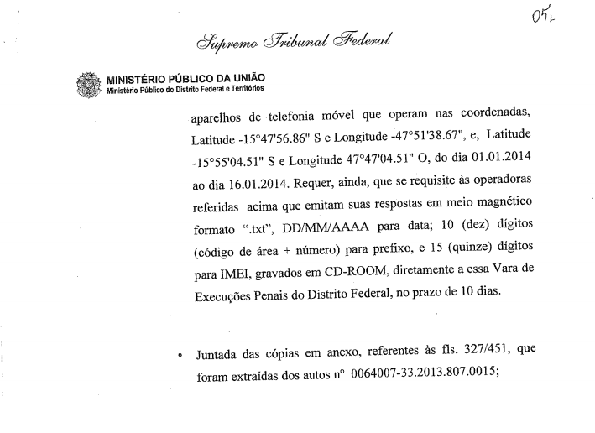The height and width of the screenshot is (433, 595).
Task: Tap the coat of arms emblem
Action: pos(87,86)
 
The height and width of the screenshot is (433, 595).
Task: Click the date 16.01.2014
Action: pos(249,180)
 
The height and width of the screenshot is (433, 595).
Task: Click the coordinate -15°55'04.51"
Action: pos(232,158)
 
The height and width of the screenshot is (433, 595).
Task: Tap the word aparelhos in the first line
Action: pos(221,112)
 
